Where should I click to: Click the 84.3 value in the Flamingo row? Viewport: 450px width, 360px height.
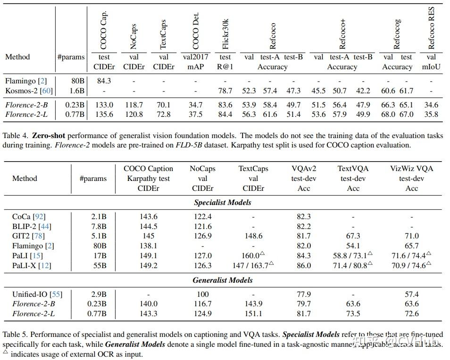point(104,81)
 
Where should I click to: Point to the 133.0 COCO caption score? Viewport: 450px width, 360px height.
point(104,105)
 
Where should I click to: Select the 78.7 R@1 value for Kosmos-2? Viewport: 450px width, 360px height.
point(225,91)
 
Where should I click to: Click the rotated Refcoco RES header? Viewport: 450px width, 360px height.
point(431,27)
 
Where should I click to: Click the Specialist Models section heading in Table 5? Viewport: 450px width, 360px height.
point(223,203)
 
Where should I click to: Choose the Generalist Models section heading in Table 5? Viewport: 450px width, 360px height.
point(223,280)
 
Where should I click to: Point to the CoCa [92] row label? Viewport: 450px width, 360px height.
point(29,216)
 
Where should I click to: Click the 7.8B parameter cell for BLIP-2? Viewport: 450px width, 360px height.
point(98,226)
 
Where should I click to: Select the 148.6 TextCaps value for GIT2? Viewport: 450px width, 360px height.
point(253,236)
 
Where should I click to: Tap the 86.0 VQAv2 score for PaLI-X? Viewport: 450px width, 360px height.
point(304,266)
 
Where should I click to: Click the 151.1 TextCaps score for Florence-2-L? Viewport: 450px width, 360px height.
point(253,313)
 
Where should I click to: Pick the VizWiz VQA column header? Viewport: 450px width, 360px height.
point(411,169)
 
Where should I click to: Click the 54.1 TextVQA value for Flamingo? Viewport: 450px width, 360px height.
point(353,246)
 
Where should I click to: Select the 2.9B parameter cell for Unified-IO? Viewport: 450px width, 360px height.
point(98,294)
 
